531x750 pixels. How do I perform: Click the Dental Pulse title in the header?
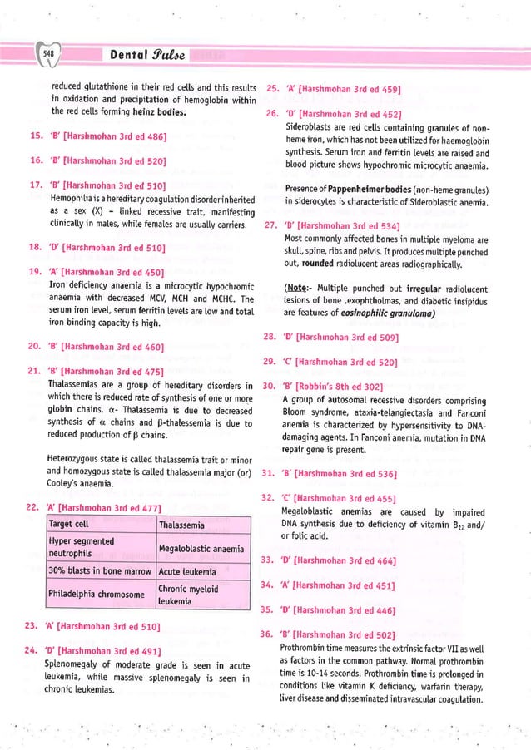click(140, 55)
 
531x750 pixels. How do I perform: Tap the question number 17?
click(36, 185)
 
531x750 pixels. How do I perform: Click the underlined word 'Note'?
click(299, 287)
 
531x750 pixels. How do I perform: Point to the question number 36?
click(268, 635)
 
